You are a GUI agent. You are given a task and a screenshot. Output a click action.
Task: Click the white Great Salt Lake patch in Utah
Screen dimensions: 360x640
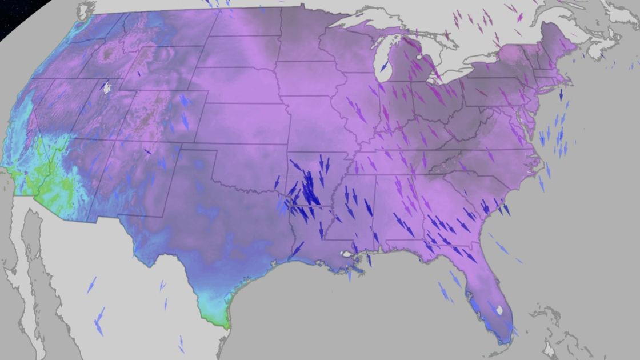(106, 87)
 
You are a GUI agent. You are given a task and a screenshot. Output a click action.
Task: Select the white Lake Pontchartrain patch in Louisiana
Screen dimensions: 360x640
(344, 253)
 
